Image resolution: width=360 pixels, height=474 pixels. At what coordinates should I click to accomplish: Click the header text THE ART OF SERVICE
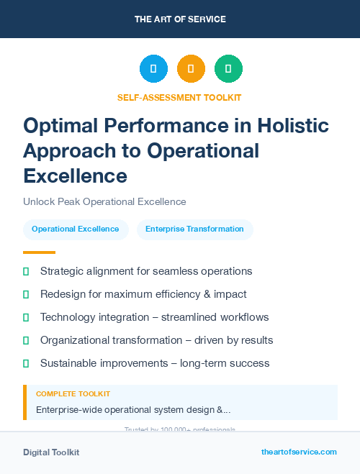coord(179,19)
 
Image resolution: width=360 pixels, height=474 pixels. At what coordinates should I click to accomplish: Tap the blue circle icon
coord(153,68)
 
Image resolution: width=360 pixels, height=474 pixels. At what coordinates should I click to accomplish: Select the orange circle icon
coord(191,68)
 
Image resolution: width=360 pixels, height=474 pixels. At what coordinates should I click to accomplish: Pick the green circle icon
coord(228,68)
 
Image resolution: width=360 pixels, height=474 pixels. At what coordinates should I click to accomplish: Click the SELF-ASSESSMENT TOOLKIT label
coord(179,97)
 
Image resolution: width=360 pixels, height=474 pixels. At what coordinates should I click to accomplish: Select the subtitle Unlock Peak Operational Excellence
coord(104,201)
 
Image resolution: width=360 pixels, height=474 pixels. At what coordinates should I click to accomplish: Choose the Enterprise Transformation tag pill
coord(194,229)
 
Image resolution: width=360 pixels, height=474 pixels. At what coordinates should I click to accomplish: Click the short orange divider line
coord(39,252)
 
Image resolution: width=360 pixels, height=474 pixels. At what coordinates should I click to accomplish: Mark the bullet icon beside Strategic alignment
coord(26,271)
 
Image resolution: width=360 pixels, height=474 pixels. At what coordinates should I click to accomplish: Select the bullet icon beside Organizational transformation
coord(26,340)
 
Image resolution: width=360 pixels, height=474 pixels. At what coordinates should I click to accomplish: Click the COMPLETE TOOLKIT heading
coord(73,394)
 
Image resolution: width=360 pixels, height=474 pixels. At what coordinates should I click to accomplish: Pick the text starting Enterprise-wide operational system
coord(133,409)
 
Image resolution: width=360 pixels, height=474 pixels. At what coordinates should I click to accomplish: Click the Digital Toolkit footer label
coord(51,452)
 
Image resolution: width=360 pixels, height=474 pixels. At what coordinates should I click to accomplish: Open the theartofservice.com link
coord(299,452)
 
